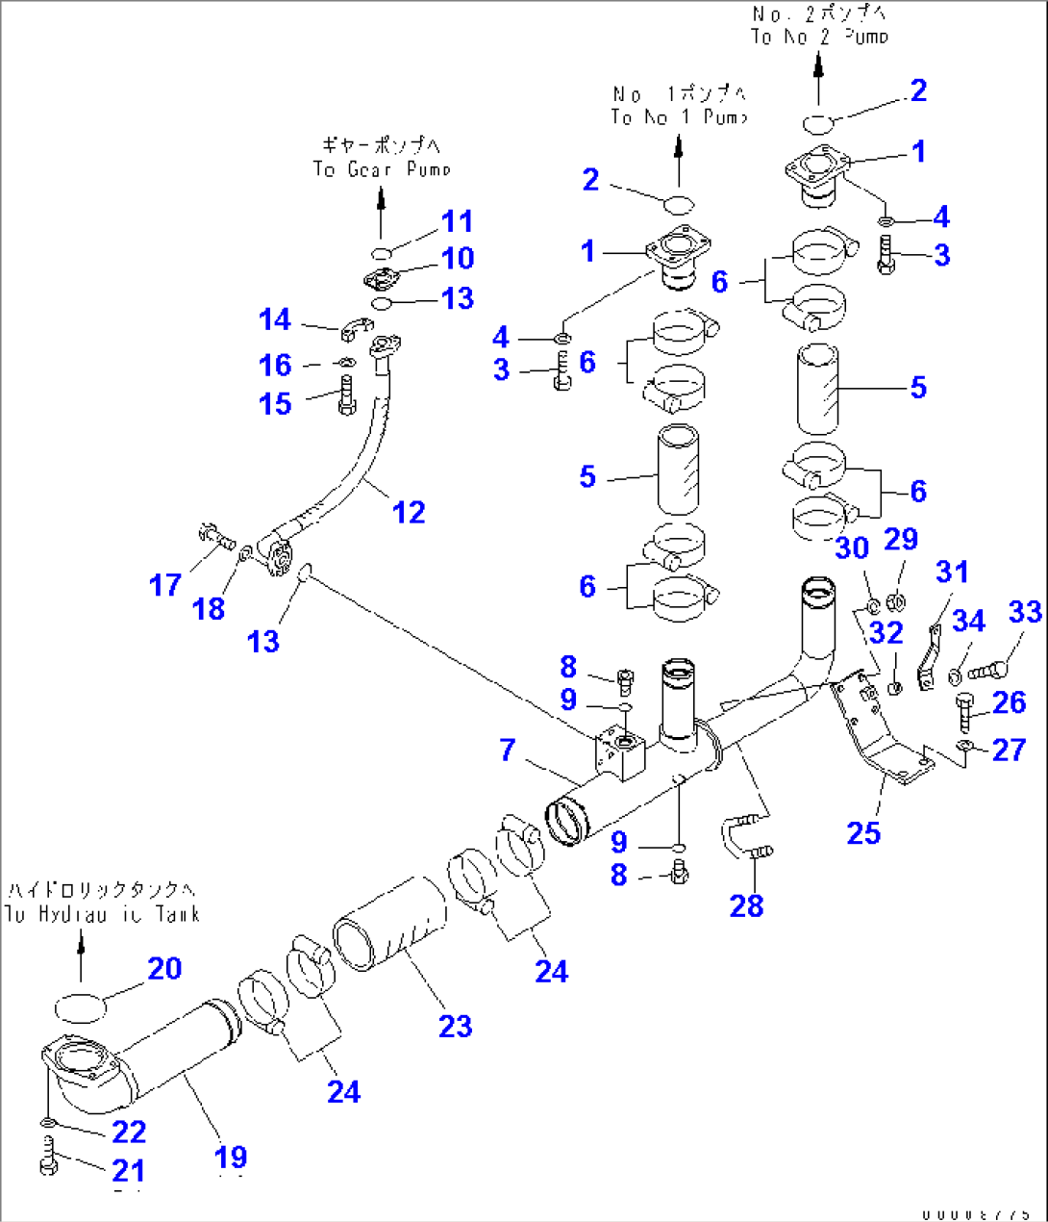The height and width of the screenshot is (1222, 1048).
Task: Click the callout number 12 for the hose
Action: click(x=409, y=512)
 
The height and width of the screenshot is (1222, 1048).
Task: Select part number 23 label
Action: click(x=455, y=1027)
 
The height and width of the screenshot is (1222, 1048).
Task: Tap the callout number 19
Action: click(x=231, y=1157)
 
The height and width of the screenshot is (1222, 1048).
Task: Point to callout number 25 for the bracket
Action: click(x=863, y=833)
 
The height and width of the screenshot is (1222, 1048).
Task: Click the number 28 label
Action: click(x=746, y=905)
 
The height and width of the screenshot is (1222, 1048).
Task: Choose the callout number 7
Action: click(x=508, y=750)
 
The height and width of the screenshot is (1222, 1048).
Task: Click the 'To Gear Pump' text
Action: click(x=382, y=169)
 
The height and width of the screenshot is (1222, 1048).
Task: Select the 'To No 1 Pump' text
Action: click(x=679, y=117)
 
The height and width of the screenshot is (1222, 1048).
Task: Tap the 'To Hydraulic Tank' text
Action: click(x=102, y=914)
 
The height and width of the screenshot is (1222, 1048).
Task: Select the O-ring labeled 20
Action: click(x=79, y=1007)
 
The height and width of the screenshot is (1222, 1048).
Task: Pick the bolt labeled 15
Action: click(x=346, y=395)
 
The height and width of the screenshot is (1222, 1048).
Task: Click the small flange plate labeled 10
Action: click(x=385, y=280)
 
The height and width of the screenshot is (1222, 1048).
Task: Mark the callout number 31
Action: click(x=952, y=572)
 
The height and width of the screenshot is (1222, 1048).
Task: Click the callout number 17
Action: click(x=165, y=585)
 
